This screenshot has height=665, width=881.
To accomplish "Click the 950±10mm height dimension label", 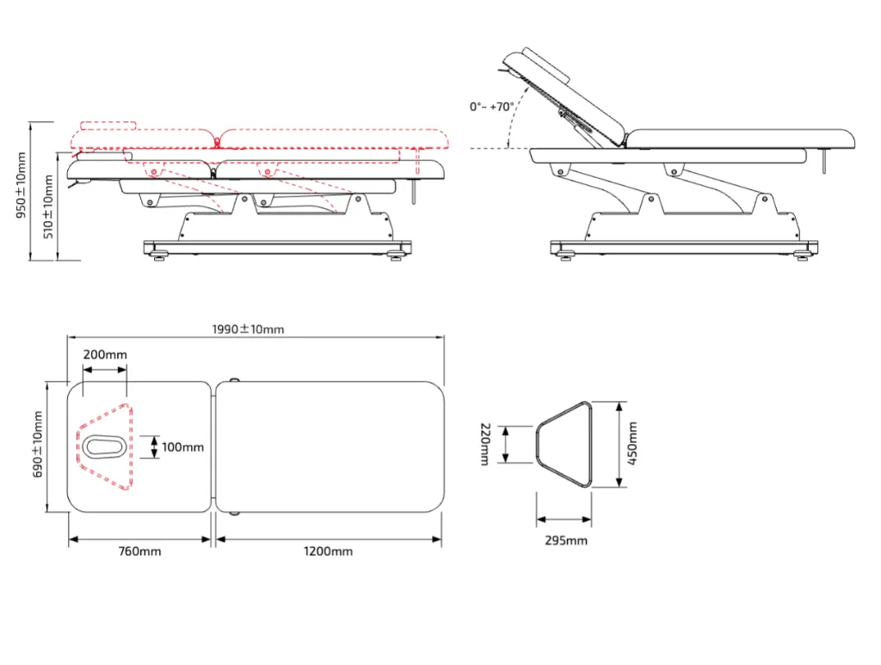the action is tap(21, 185).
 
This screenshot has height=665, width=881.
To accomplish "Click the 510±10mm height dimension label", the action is tap(48, 206).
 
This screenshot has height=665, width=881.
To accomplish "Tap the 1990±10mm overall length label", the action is tap(248, 329).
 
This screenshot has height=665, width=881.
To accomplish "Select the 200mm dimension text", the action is tap(105, 354).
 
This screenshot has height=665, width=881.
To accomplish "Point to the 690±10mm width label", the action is tap(38, 444).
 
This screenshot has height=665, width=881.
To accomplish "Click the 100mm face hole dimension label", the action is tap(182, 447).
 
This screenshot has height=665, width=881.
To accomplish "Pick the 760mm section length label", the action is tap(139, 551).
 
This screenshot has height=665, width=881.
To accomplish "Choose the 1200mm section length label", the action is tap(328, 551).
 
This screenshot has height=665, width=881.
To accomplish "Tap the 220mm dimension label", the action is tap(484, 444).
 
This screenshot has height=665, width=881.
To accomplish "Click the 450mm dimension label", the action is tap(632, 444).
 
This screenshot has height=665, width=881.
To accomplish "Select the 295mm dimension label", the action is tap(566, 540).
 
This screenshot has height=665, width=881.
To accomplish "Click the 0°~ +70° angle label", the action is tap(491, 106).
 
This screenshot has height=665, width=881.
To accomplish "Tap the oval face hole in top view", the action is tap(104, 447).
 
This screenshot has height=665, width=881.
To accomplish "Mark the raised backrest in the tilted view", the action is tap(564, 95).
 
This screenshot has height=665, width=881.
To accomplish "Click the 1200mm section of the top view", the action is tap(330, 447).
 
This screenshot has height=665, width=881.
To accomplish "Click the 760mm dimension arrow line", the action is tap(139, 539).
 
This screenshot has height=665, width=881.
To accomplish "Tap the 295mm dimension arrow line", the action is tap(564, 520).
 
